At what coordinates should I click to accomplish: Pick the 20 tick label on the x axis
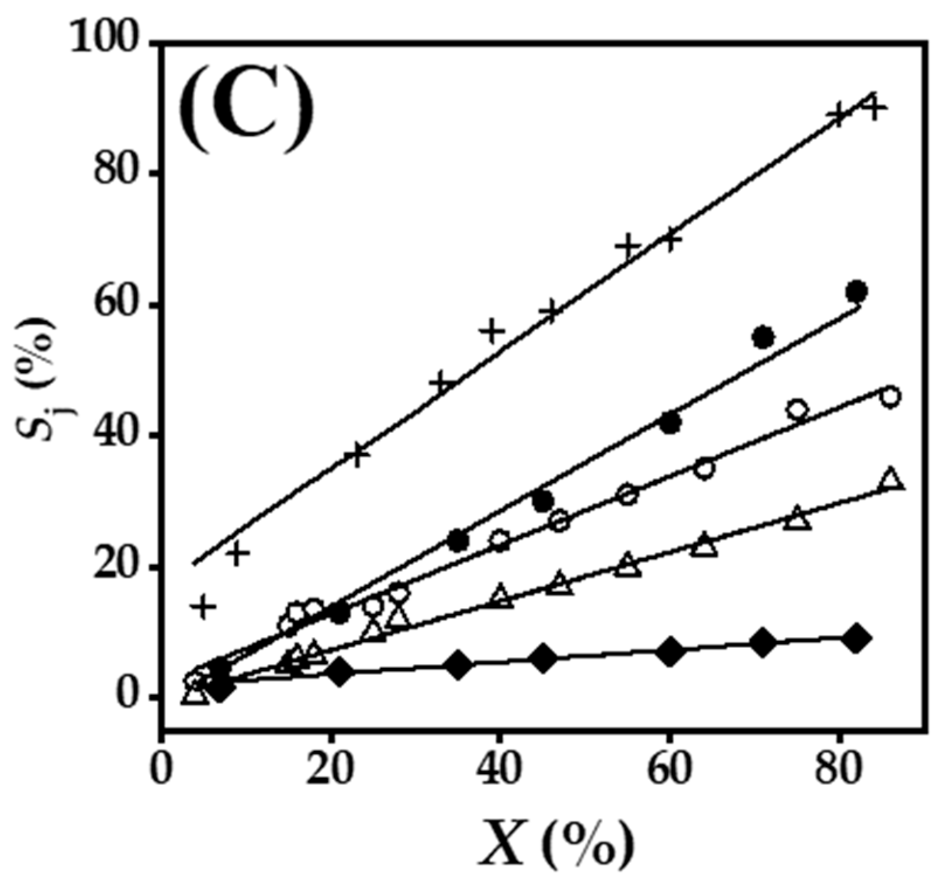pos(331,772)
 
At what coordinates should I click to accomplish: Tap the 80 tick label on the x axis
pos(839,772)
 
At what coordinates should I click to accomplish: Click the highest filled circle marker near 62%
pos(857,291)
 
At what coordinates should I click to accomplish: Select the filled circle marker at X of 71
pos(764,337)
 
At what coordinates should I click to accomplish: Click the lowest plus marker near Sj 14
pos(203,606)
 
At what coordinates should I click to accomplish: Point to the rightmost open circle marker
pos(890,397)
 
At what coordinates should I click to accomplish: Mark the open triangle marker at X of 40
pos(500,597)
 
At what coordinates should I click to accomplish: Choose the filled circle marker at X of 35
pos(458,541)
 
